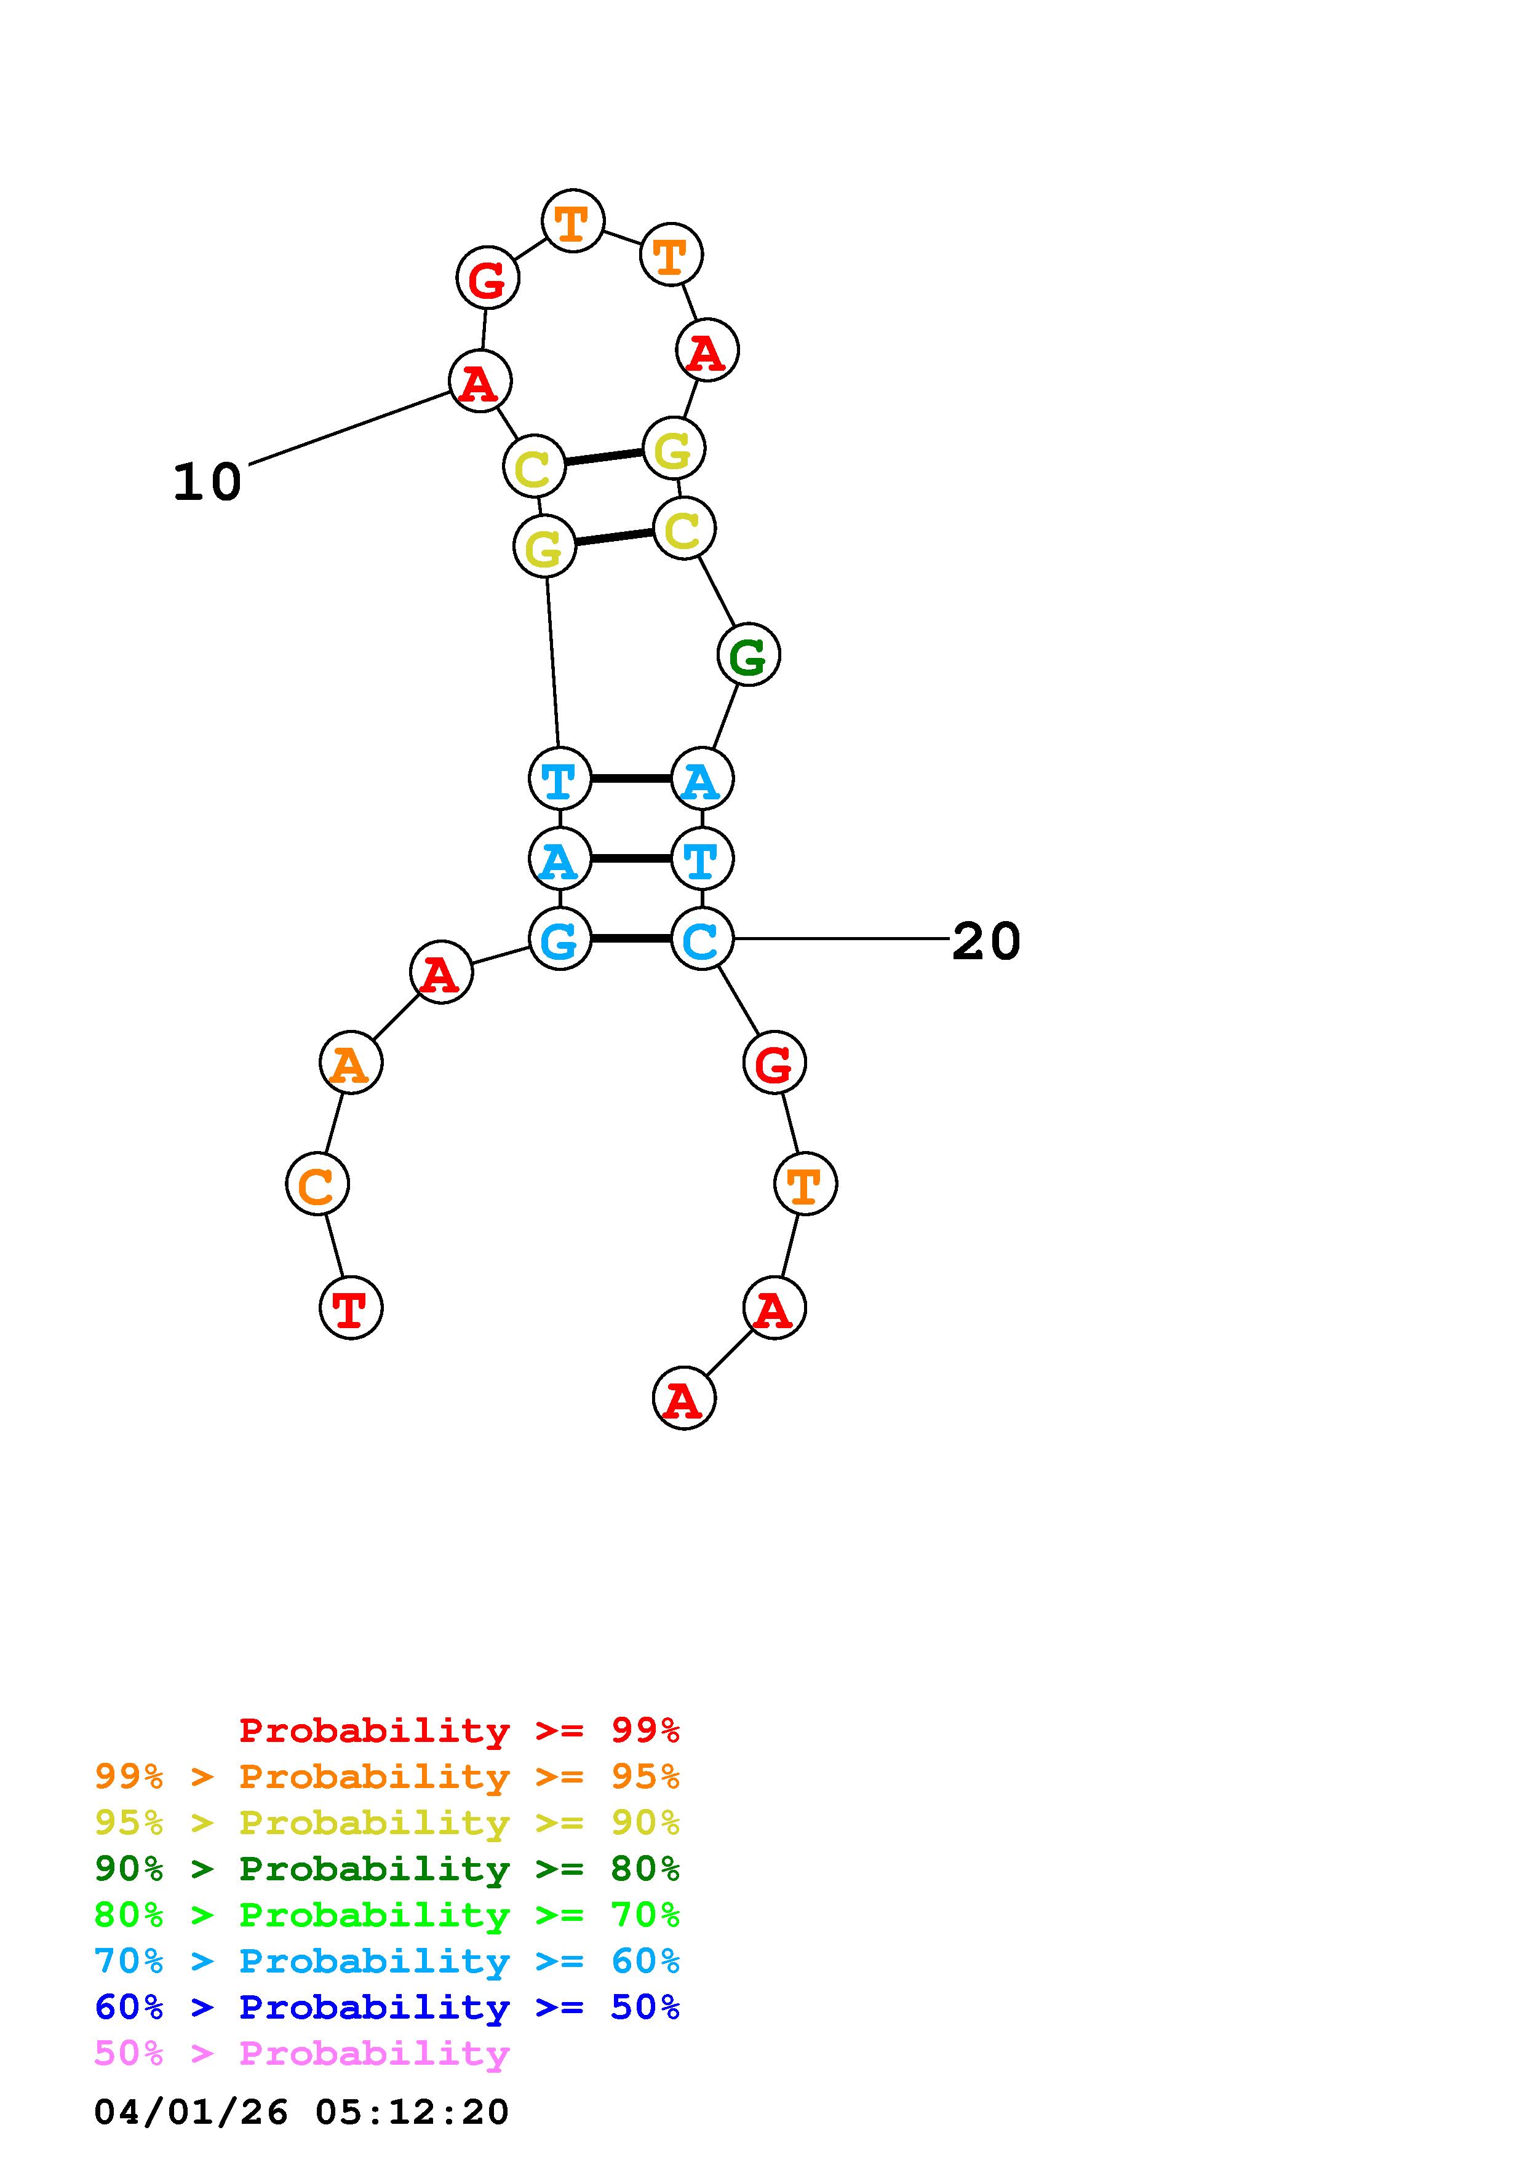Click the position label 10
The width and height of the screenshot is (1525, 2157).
click(207, 482)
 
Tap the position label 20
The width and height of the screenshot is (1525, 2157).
click(985, 941)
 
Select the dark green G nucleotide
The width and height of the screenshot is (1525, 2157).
click(748, 655)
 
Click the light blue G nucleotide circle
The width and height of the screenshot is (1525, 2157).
click(560, 938)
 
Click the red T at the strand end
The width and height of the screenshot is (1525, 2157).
click(351, 1308)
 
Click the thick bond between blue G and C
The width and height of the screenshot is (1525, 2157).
click(631, 938)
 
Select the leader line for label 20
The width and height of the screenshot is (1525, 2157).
click(841, 938)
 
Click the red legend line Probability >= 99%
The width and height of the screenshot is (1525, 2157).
click(460, 1730)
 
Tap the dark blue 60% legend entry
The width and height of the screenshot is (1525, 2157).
click(387, 2007)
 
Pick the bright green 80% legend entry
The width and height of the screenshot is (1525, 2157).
click(387, 1915)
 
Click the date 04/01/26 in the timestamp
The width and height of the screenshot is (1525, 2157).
click(191, 2112)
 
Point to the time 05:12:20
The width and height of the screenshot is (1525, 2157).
click(412, 2112)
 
